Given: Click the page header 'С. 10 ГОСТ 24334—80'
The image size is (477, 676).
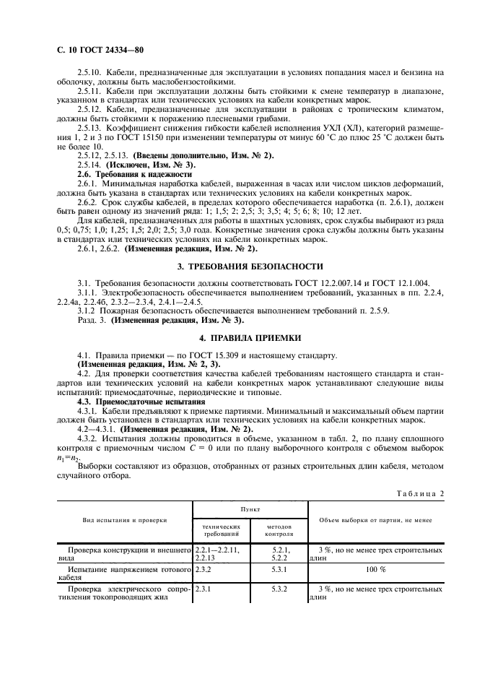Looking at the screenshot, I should click(94, 51).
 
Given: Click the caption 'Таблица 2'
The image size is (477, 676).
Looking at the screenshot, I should click(422, 493).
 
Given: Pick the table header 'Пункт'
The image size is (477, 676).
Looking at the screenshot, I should click(250, 509).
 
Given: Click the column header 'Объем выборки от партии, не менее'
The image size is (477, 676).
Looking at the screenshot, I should click(375, 520).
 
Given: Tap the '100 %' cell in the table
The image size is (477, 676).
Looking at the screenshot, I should click(375, 569).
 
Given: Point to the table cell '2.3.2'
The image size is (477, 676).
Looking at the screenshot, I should click(204, 569).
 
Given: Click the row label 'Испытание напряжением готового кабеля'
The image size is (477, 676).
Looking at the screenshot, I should click(123, 573).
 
